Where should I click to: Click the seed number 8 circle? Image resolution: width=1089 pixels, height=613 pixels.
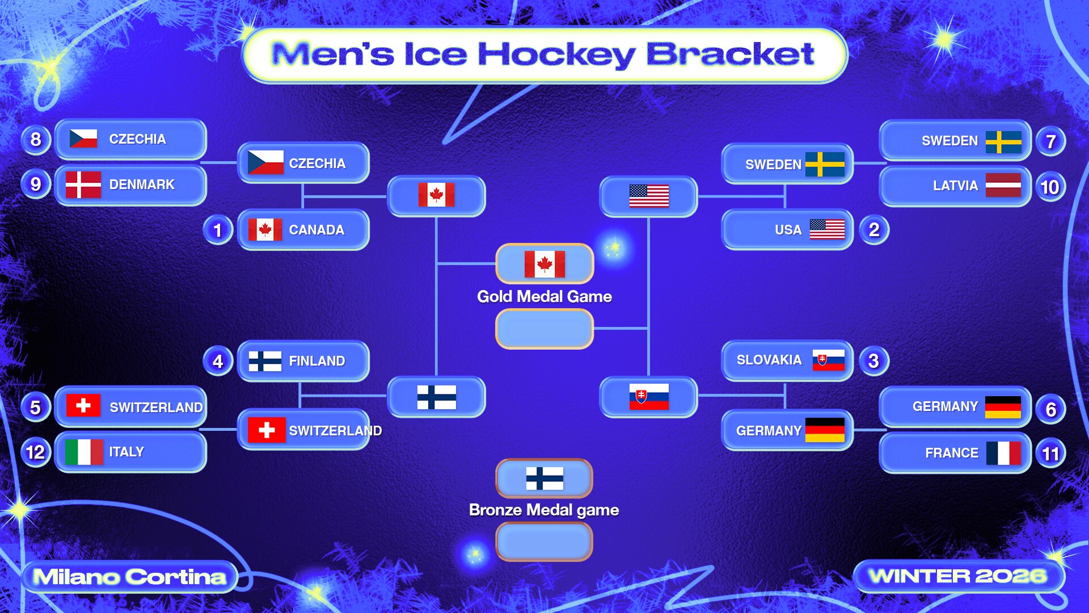tap(36, 139)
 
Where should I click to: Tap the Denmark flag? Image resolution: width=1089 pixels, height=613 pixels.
tap(83, 184)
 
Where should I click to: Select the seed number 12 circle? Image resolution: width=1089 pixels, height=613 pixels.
tap(36, 452)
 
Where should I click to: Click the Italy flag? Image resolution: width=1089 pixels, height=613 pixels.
tap(83, 452)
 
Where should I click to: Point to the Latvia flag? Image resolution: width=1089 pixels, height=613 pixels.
tap(1003, 186)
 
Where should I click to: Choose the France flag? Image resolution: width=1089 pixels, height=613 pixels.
tap(1003, 453)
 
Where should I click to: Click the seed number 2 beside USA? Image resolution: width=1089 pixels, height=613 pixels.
tap(874, 230)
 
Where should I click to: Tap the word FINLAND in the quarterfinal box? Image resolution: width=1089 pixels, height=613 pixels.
tap(317, 361)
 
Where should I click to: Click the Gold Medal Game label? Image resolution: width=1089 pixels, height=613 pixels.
tap(544, 296)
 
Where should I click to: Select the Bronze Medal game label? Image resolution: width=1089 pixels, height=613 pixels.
tap(544, 510)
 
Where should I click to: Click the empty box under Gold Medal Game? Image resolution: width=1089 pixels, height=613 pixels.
tap(544, 329)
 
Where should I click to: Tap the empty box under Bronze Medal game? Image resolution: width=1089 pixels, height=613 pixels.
tap(544, 541)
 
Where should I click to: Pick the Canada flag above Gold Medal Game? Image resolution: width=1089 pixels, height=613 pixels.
tap(544, 264)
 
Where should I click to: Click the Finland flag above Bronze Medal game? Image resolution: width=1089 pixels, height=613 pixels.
tap(544, 478)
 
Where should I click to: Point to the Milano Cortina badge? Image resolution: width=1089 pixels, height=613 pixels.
tap(130, 577)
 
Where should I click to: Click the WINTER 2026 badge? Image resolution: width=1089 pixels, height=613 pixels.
tap(959, 576)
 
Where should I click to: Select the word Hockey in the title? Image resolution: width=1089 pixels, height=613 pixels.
tap(557, 55)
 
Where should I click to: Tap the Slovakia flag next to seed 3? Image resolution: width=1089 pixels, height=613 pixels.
tap(828, 360)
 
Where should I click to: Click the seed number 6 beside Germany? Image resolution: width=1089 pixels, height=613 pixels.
tap(1050, 409)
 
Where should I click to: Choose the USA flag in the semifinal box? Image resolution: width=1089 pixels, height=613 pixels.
tap(649, 196)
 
